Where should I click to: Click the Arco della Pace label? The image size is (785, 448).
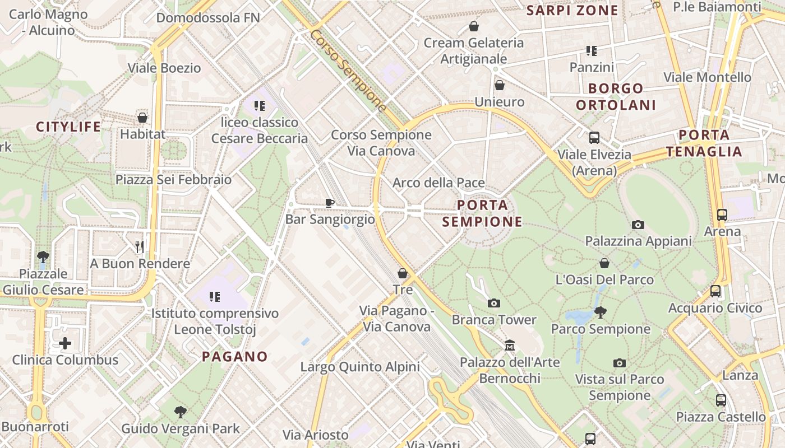click(438, 183)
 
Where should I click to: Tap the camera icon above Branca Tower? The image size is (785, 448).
click(493, 304)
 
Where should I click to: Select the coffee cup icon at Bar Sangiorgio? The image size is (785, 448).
click(330, 203)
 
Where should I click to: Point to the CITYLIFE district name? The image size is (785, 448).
click(68, 127)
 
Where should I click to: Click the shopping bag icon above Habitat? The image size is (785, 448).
click(142, 118)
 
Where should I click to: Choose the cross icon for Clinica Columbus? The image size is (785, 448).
click(65, 343)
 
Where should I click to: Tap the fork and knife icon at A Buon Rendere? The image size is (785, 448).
click(140, 246)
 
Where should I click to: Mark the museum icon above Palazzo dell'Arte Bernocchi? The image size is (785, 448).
click(510, 346)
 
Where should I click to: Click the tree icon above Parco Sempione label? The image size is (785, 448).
click(600, 312)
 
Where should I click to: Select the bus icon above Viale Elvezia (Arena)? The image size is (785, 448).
click(594, 138)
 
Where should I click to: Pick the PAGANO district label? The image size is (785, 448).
click(235, 356)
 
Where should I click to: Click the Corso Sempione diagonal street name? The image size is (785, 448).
click(348, 70)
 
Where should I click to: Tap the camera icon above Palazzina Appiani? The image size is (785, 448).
click(638, 225)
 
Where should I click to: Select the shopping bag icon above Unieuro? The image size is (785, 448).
click(499, 86)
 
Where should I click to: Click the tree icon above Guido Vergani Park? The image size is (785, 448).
click(180, 412)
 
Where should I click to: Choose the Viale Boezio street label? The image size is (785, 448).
click(164, 68)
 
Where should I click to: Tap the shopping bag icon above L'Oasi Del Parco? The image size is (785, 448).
click(604, 263)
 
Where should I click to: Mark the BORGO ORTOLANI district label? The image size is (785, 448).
click(616, 96)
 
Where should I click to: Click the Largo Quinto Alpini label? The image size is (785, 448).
click(360, 367)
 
